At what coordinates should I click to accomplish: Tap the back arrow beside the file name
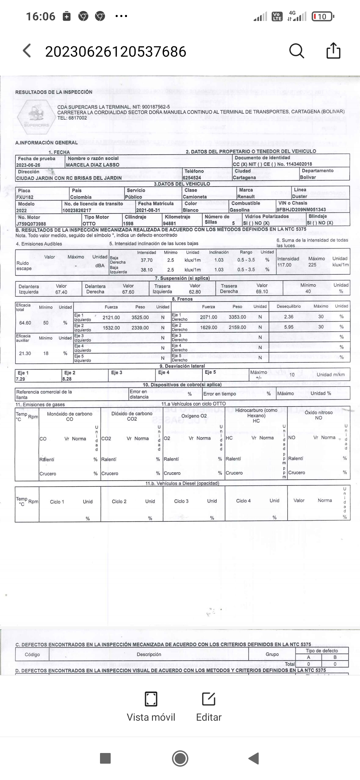[27, 51]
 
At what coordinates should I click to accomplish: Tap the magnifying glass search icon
[296, 51]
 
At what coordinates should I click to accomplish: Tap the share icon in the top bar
[333, 51]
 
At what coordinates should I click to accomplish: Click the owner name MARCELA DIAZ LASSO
[93, 165]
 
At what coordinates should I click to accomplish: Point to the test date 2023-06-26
[28, 165]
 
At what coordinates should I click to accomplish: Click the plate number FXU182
[25, 197]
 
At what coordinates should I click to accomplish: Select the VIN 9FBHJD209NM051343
[301, 210]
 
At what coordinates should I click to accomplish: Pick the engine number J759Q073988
[31, 224]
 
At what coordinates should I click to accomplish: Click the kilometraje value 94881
[169, 224]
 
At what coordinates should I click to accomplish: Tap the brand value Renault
[246, 197]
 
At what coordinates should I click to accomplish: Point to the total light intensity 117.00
[284, 265]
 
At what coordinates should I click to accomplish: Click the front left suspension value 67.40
[61, 292]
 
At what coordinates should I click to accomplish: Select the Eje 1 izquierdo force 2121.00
[111, 317]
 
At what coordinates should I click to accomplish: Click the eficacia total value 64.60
[25, 323]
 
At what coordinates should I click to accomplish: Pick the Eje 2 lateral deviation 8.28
[67, 379]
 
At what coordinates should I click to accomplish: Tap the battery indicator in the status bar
[322, 16]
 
